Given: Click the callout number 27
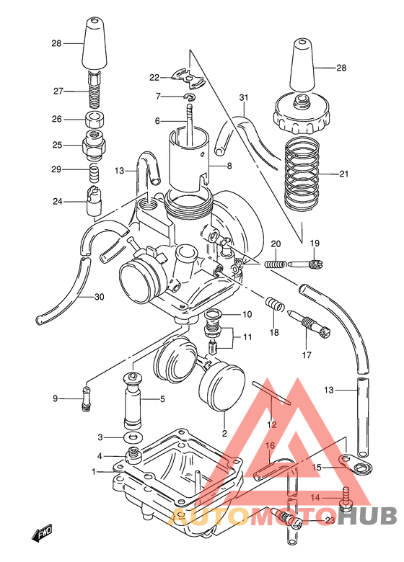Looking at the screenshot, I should click(57, 91).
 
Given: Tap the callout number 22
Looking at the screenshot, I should click(154, 77).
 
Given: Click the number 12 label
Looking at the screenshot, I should click(271, 424).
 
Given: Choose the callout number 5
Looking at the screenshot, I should click(163, 398).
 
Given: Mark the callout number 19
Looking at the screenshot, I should click(314, 243).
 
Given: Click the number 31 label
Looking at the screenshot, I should click(243, 98).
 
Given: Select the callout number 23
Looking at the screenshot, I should click(330, 519).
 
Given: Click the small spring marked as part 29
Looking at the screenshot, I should click(93, 171).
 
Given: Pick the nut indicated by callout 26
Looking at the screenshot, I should click(93, 120).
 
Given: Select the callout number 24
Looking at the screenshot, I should click(57, 202).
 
